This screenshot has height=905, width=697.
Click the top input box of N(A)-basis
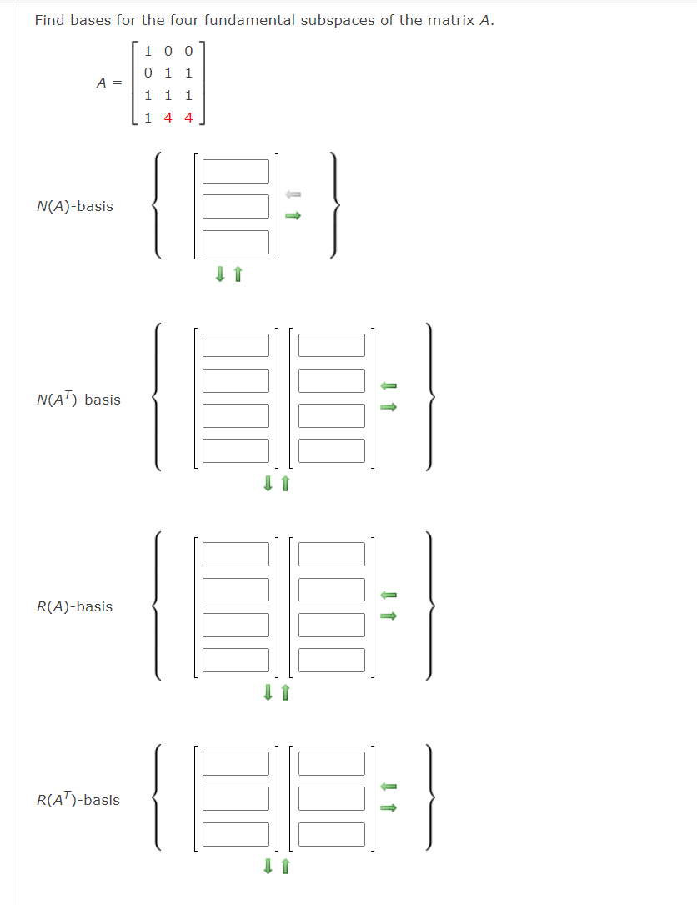(x=236, y=171)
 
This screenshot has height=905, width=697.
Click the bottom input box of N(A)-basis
(x=236, y=242)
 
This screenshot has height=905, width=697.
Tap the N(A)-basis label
(x=75, y=206)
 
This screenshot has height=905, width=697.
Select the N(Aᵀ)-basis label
(x=78, y=400)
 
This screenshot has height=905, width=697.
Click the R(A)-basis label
(x=75, y=606)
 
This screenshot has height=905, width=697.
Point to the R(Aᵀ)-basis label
(x=78, y=800)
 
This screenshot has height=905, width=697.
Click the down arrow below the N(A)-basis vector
(x=220, y=274)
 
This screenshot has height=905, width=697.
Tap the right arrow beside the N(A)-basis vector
(x=293, y=216)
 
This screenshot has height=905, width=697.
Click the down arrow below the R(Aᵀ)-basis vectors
(x=268, y=867)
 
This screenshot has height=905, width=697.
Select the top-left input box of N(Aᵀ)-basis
(x=236, y=345)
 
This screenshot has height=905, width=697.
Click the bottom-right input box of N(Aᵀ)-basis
(x=332, y=450)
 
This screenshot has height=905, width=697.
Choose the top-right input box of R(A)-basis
(x=332, y=554)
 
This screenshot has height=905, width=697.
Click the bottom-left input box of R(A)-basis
(x=236, y=660)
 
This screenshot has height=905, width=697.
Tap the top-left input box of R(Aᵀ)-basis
(x=236, y=764)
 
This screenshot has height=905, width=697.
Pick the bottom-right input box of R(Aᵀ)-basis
(x=332, y=834)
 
